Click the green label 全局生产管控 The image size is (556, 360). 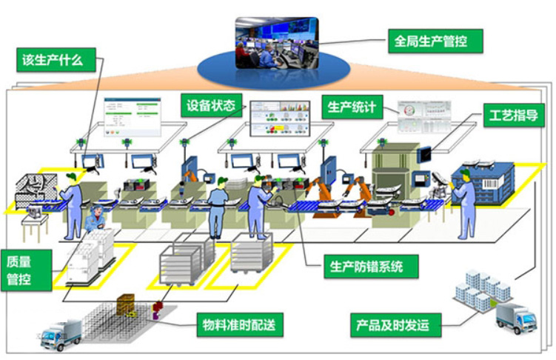[435, 41]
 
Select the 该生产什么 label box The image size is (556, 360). [56, 60]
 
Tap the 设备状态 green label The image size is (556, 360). [211, 105]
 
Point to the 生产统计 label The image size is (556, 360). [352, 107]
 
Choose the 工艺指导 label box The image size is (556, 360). [514, 116]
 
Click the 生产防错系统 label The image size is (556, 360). [371, 267]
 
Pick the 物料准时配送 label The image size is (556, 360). [240, 324]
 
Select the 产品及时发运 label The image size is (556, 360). [396, 325]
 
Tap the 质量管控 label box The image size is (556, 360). [27, 270]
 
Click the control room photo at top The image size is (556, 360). [277, 42]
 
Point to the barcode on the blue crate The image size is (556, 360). [489, 184]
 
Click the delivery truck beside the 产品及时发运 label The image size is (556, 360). [516, 318]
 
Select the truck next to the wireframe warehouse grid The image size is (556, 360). [61, 334]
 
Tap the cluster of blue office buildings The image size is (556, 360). [483, 290]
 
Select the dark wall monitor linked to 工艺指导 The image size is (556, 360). [424, 154]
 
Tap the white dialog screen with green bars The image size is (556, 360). [133, 116]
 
